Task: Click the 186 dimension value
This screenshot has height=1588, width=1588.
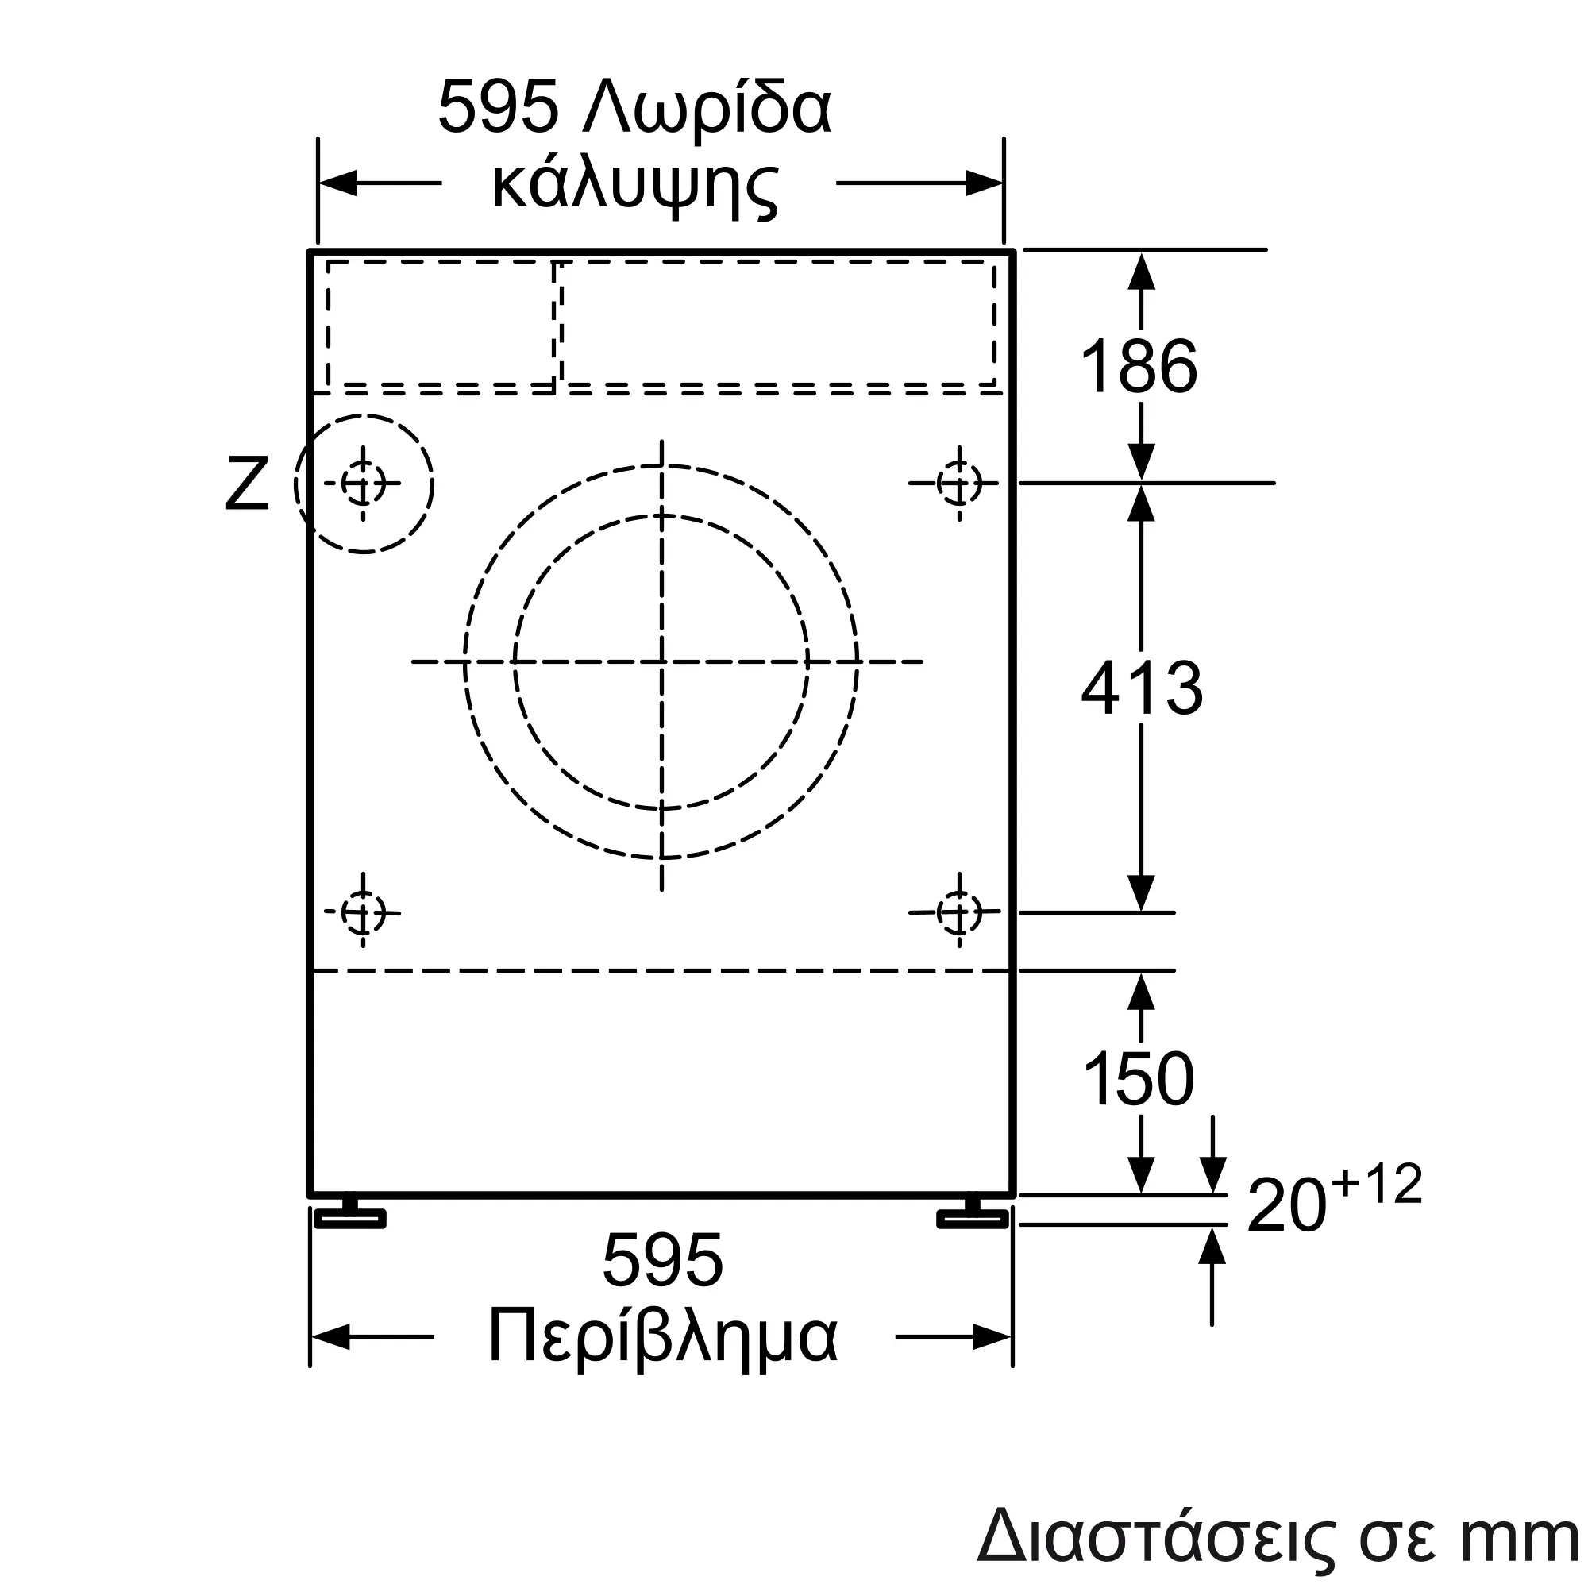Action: (1139, 367)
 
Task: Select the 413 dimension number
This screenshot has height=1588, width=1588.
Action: (1142, 688)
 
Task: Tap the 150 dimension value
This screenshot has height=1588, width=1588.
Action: (1139, 1078)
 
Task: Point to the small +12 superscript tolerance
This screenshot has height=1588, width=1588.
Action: (1378, 1184)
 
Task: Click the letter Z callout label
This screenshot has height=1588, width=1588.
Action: (248, 484)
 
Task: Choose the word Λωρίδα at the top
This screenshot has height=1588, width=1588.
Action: (707, 108)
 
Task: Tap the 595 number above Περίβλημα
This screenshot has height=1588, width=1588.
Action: (662, 1261)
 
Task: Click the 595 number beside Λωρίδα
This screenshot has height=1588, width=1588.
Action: (499, 106)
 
